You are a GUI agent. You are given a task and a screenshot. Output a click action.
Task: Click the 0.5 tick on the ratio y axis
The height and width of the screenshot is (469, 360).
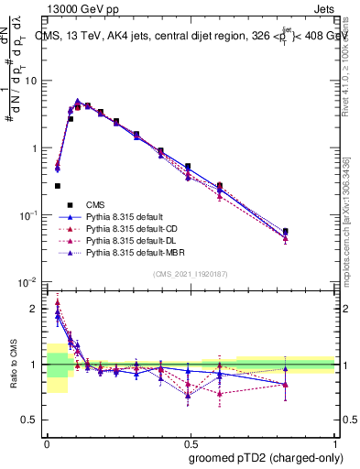[x=32, y=420]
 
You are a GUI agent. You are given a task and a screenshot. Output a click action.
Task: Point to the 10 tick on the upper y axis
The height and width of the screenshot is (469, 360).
[x=32, y=81]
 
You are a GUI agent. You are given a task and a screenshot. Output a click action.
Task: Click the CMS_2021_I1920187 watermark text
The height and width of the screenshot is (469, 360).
[x=191, y=273]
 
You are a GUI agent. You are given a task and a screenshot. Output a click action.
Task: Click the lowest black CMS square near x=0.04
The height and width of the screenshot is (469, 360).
[x=57, y=186]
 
